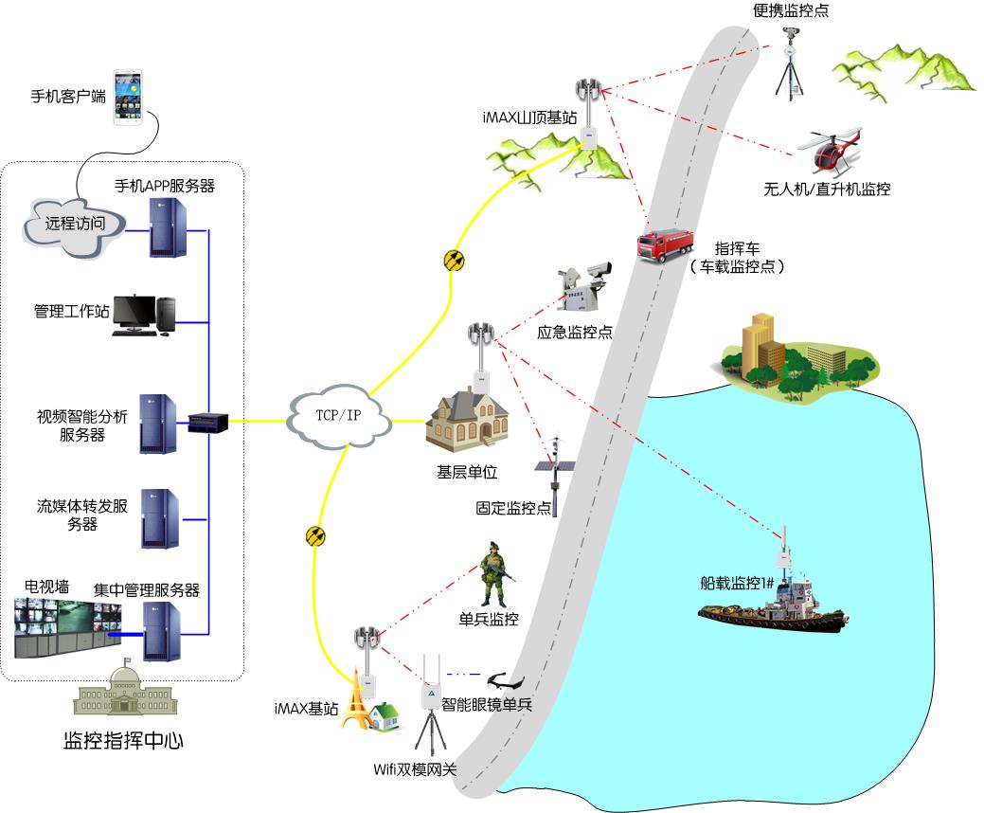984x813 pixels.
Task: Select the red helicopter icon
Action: (831, 148)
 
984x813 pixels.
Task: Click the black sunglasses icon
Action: (510, 678)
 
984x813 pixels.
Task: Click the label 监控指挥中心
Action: (123, 740)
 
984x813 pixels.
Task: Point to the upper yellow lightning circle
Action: (455, 260)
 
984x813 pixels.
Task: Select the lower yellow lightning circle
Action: (316, 536)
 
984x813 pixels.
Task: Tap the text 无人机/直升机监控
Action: (827, 190)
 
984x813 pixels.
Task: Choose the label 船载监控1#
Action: (732, 583)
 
